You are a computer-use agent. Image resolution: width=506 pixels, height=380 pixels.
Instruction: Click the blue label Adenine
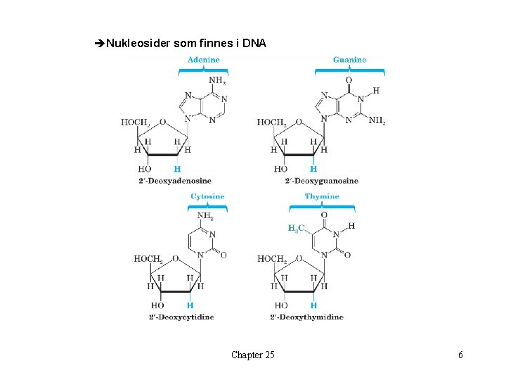(x=203, y=60)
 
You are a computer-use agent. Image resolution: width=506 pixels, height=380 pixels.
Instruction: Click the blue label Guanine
(x=349, y=60)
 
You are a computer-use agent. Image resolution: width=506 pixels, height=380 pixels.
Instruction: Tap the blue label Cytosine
(x=207, y=196)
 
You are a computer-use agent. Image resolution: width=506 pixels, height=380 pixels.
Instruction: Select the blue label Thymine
(x=322, y=196)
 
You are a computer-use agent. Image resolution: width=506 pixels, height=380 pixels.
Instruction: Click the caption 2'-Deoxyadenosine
(x=176, y=181)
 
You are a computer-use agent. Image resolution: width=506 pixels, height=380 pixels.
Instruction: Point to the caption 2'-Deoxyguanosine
(x=322, y=181)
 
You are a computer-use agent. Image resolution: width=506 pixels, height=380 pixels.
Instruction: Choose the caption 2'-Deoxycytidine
(x=181, y=317)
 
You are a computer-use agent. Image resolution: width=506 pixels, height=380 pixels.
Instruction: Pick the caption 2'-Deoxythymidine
(x=307, y=317)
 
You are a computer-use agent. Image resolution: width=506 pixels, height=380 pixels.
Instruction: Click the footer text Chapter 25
(x=253, y=355)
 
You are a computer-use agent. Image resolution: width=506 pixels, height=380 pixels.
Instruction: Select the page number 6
(x=460, y=355)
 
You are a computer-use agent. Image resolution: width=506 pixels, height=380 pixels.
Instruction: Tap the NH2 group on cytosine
(x=206, y=216)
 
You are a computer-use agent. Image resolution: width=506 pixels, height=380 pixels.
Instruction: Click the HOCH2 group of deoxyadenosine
(x=135, y=122)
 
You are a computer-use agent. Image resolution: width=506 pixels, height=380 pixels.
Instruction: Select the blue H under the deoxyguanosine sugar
(x=313, y=169)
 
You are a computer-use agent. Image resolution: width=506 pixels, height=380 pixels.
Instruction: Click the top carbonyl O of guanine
(x=349, y=80)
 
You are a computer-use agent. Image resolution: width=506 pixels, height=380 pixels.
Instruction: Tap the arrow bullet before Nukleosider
(x=98, y=44)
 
